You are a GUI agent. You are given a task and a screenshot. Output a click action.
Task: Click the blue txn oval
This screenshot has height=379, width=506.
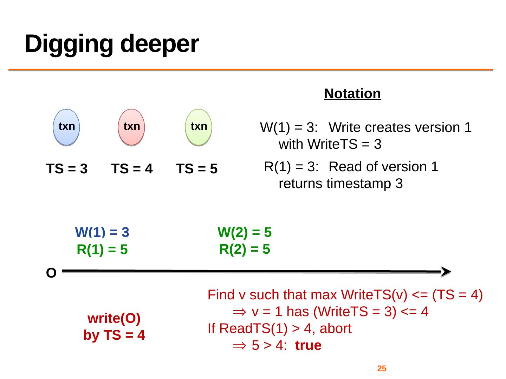67,127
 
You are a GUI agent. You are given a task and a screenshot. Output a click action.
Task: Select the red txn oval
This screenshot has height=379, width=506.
132,127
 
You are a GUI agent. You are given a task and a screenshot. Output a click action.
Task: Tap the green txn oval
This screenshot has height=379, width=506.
199,127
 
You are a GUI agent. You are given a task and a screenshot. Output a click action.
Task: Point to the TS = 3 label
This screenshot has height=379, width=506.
67,169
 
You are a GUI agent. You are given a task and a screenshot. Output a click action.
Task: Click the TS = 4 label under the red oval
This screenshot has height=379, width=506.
132,169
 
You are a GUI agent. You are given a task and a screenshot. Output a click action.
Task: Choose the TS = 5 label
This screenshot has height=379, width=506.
197,169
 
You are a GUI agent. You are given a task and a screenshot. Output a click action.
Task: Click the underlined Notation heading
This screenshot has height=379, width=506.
352,94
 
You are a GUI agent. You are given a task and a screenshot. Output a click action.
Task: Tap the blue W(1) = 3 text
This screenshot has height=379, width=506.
102,232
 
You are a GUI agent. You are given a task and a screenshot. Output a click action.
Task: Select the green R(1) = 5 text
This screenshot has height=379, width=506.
102,250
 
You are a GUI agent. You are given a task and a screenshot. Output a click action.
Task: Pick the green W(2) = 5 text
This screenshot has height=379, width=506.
245,232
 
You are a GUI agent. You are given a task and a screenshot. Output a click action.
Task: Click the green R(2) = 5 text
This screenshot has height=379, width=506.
245,249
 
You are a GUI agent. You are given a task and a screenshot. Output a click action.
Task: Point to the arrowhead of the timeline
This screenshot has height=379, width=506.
445,272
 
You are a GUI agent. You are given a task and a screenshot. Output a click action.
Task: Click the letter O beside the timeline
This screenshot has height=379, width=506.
51,273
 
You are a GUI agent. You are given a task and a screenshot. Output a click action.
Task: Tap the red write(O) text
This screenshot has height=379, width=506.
114,319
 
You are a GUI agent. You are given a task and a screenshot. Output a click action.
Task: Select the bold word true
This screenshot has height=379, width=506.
308,346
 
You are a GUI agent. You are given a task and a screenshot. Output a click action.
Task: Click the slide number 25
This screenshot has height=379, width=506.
382,368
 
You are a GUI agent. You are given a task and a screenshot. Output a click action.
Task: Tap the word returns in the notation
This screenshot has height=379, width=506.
301,184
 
